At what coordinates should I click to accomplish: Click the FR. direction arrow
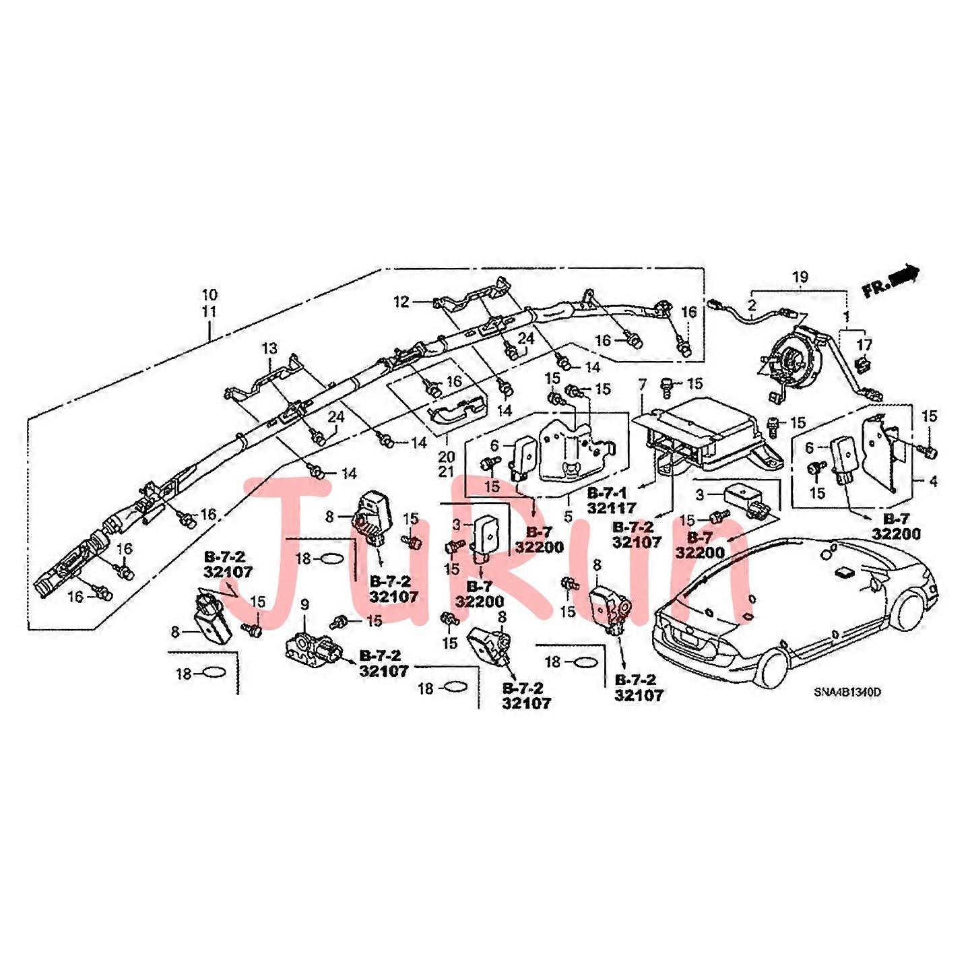point(891,280)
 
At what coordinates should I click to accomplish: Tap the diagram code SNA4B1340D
point(847,692)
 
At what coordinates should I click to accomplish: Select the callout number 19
point(800,277)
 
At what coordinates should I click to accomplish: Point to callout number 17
point(864,345)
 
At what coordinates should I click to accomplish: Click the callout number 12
point(401,302)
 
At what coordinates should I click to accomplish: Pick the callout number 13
point(269,348)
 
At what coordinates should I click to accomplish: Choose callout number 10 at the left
point(209,295)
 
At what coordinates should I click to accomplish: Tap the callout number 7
point(643,385)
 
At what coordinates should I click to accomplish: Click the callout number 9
point(304,605)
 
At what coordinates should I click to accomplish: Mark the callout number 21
point(446,472)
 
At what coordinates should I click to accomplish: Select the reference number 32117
point(611,509)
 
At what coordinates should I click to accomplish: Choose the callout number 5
point(569,517)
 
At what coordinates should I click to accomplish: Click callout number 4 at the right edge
point(933,482)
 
